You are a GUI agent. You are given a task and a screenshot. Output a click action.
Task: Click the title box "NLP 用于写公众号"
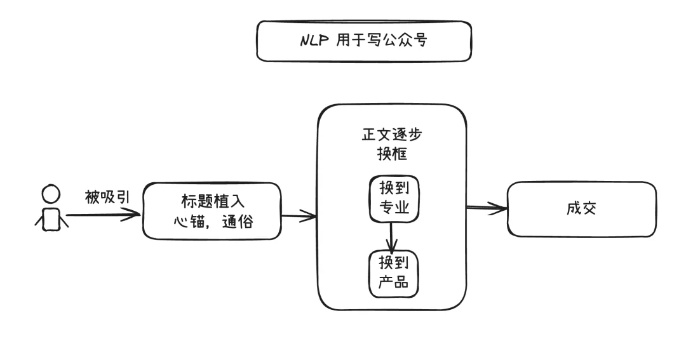363,41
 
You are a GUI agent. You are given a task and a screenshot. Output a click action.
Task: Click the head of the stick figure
51,193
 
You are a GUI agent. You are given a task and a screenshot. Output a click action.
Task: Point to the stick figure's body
51,218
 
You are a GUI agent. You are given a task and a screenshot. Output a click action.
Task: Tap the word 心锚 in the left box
188,223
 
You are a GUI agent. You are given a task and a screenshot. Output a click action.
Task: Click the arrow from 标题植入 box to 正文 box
299,217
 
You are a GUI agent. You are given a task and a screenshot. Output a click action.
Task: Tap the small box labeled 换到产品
393,274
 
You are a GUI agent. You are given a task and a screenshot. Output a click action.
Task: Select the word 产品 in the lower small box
394,283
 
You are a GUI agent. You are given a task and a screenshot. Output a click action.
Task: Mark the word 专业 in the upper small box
394,209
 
